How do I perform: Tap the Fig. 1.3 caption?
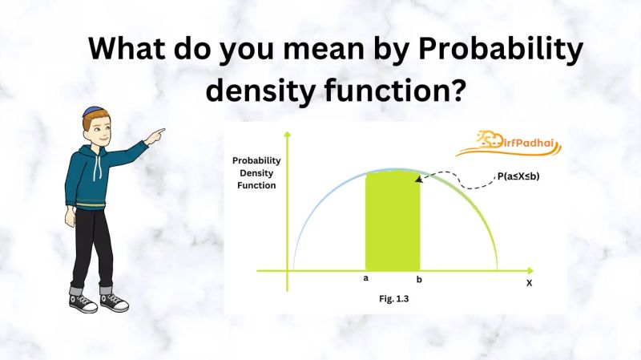pyautogui.click(x=395, y=298)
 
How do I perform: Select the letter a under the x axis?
pyautogui.click(x=365, y=279)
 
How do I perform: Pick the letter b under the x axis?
pyautogui.click(x=418, y=280)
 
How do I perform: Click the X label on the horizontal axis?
pyautogui.click(x=529, y=283)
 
